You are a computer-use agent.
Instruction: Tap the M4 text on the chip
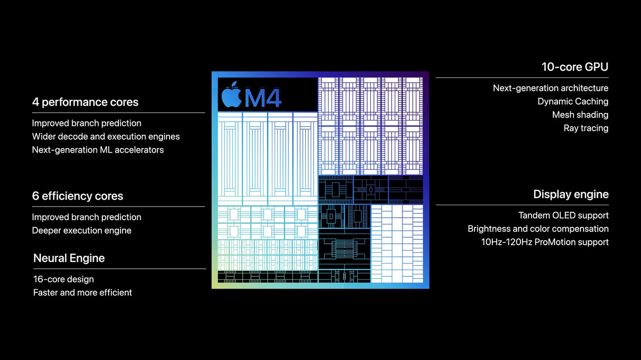coord(263,98)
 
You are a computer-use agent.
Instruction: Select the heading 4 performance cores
coord(85,102)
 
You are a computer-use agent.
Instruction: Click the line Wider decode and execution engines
coord(106,137)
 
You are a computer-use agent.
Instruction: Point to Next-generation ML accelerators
coord(98,150)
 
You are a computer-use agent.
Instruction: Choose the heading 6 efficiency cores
coord(77,196)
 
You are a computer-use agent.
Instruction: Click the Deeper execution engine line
coord(81,231)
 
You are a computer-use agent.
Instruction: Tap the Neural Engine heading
coord(69,258)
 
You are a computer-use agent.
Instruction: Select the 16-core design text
coord(64,279)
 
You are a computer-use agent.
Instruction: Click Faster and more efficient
coord(82,292)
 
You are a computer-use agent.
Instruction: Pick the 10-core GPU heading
coord(575,67)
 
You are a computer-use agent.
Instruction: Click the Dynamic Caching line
coord(573,101)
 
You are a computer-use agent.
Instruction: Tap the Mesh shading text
coord(580,115)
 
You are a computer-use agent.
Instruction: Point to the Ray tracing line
coord(586,128)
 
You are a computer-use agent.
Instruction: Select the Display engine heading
coord(571,194)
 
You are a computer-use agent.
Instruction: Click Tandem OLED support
coord(564,215)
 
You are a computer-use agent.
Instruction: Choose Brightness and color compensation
coord(538,229)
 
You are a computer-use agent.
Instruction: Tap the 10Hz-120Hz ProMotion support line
coord(545,242)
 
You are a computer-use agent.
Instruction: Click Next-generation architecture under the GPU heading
coord(551,88)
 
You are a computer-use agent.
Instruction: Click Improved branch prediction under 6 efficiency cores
coord(86,217)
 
